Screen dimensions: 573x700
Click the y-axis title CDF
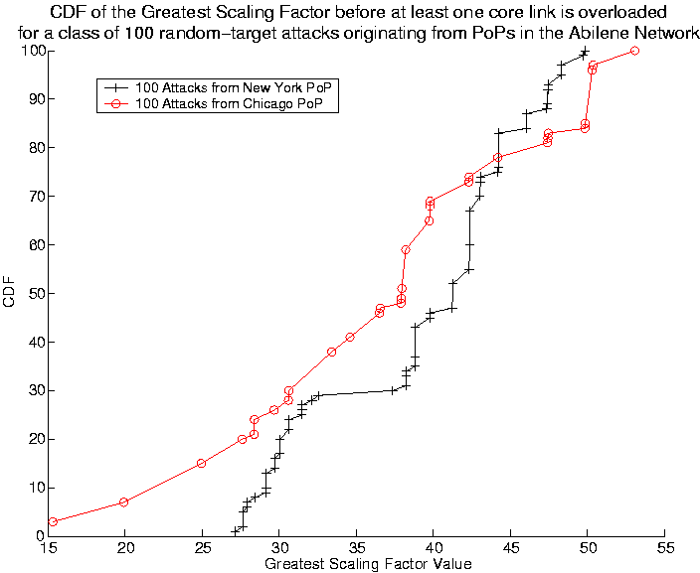pyautogui.click(x=11, y=293)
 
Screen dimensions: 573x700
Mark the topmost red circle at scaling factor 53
pyautogui.click(x=635, y=51)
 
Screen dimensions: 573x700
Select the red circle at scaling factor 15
pyautogui.click(x=53, y=521)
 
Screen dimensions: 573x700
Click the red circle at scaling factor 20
pyautogui.click(x=124, y=502)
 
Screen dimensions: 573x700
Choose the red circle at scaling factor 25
pyautogui.click(x=201, y=463)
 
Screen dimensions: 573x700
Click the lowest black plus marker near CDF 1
pyautogui.click(x=236, y=531)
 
